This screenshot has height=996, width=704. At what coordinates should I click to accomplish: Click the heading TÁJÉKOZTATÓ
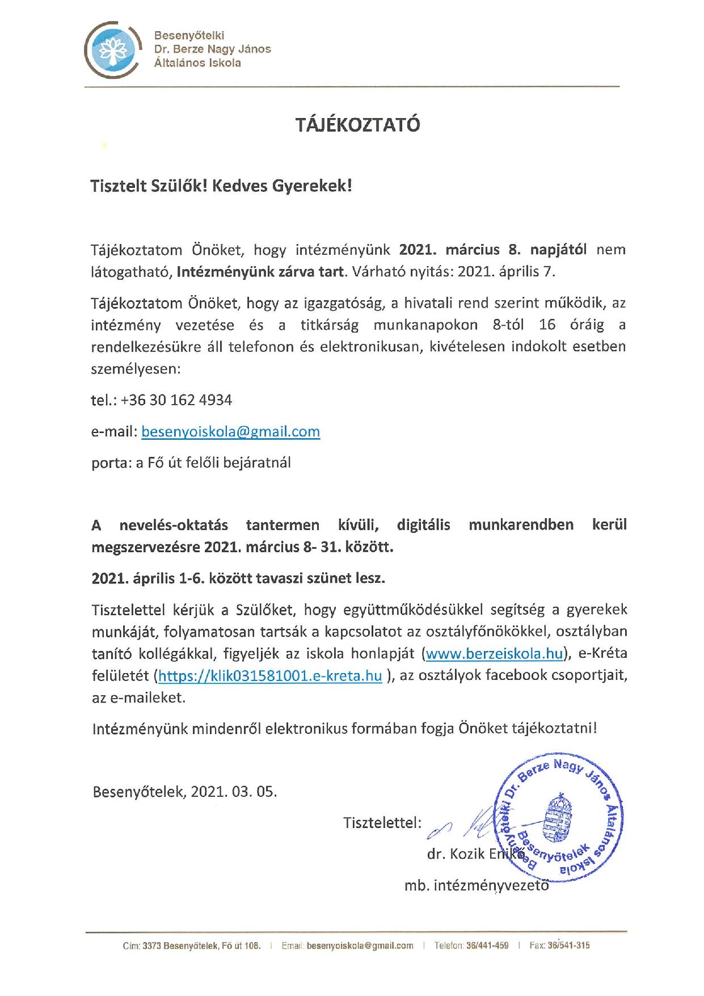click(x=358, y=124)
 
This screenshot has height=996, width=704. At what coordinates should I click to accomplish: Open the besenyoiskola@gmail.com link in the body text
click(x=230, y=431)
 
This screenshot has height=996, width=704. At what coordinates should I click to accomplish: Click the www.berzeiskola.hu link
click(x=494, y=654)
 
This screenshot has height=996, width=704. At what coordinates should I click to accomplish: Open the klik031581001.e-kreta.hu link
click(x=269, y=675)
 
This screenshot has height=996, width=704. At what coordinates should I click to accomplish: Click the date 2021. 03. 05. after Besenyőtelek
click(x=234, y=791)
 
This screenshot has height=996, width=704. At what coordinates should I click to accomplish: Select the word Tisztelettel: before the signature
click(x=382, y=822)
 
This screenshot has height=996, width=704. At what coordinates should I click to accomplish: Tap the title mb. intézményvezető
click(x=477, y=885)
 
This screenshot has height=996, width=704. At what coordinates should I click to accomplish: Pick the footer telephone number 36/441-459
click(x=488, y=945)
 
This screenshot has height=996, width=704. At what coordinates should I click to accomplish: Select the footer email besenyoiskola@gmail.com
click(x=360, y=945)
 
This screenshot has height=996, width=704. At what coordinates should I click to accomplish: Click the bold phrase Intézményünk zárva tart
click(x=260, y=271)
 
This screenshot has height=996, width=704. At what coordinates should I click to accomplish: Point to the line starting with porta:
click(x=191, y=463)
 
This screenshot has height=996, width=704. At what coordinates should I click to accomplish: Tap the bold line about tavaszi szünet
click(x=238, y=579)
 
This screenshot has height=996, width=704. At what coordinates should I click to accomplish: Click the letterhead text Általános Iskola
click(x=197, y=63)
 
